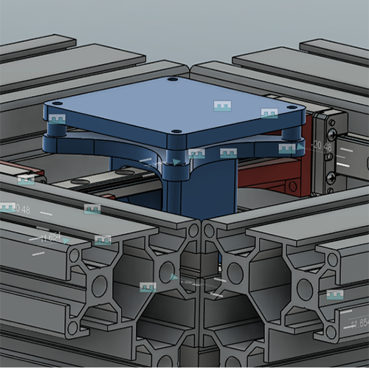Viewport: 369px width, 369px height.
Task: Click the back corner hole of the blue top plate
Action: [172, 79]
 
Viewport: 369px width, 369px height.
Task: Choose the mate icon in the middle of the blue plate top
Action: [222, 106]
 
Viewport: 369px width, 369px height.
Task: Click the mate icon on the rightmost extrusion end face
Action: [335, 294]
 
